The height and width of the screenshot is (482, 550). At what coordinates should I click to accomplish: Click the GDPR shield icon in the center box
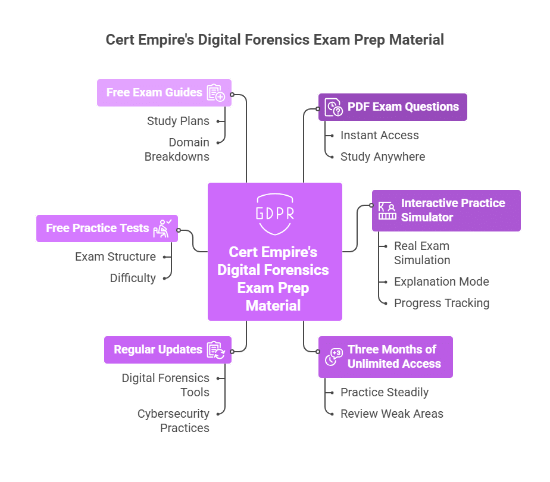[x=274, y=212]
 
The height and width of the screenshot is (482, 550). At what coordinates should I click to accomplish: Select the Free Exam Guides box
[x=164, y=93]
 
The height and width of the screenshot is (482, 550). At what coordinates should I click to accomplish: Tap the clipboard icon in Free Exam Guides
[x=215, y=93]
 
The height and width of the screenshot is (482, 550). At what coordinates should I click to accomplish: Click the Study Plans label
[x=178, y=121]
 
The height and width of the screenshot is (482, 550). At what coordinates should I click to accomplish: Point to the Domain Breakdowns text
[x=177, y=149]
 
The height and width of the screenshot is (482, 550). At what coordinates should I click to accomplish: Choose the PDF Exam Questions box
[x=392, y=107]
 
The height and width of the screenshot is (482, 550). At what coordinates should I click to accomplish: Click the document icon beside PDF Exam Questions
[x=333, y=107]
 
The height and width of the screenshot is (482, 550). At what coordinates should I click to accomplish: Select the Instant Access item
[x=379, y=135]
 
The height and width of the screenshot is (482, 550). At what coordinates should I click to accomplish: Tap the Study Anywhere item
[x=382, y=157]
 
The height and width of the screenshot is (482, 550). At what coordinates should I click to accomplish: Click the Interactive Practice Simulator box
[x=446, y=210]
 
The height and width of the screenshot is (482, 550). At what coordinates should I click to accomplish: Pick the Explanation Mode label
[x=441, y=281]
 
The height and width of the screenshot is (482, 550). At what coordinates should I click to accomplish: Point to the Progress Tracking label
[x=441, y=303]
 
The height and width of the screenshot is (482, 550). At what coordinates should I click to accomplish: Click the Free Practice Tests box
[x=107, y=229]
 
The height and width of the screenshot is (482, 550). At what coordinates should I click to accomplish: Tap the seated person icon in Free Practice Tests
[x=162, y=228]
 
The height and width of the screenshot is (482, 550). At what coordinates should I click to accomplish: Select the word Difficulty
[x=133, y=278]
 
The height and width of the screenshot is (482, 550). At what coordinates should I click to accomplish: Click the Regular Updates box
[x=167, y=350]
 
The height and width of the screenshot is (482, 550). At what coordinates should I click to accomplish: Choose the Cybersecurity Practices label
[x=173, y=420]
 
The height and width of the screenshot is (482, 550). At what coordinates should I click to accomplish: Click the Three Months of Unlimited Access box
[x=385, y=357]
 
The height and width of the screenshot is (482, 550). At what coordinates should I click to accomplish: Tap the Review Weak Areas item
[x=392, y=414]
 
